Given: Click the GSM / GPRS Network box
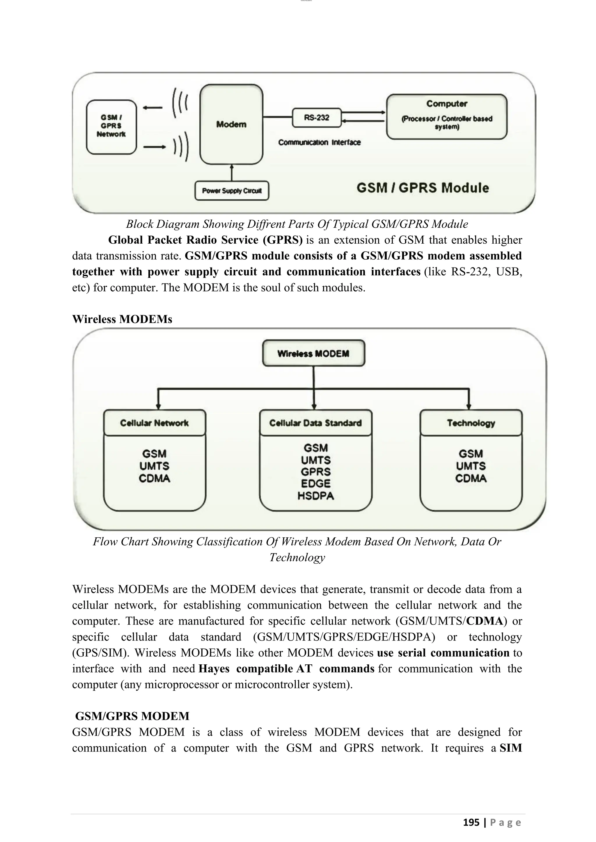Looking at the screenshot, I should coord(111,126).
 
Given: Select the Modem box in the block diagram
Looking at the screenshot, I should coord(231,124).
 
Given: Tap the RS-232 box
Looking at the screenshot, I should coord(316,118).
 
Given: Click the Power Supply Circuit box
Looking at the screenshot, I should coord(232,191).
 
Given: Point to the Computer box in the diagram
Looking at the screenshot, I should coord(447,116).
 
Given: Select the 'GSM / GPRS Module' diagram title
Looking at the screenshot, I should coord(423,188).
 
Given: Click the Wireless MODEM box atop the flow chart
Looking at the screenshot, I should coord(313,353).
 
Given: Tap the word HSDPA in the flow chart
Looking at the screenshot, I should coord(316,496).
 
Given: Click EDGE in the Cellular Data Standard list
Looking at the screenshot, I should coord(316,484).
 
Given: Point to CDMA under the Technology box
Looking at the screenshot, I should coord(471,479).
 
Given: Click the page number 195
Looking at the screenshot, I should coord(471,822).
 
